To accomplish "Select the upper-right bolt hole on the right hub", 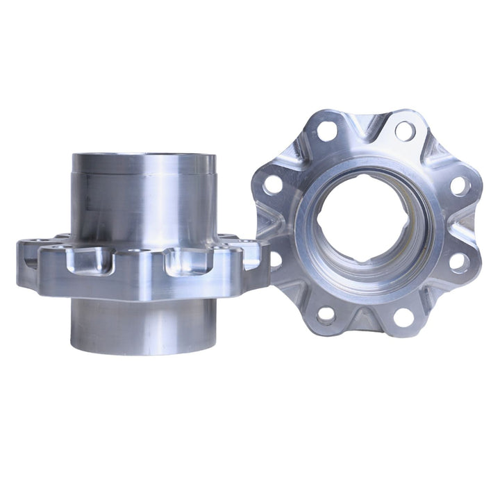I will coord(405,130).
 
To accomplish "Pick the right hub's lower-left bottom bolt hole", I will coord(326,313).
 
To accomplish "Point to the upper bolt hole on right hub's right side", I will coord(459,185).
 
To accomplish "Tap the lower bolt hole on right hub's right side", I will coord(458,262).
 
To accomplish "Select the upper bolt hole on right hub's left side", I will coord(274,184).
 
